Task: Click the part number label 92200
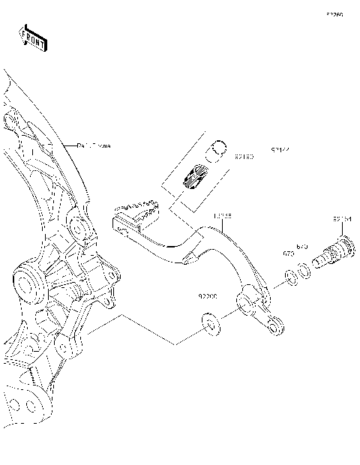pyautogui.click(x=208, y=296)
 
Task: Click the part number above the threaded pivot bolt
pyautogui.click(x=343, y=219)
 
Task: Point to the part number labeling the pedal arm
pyautogui.click(x=222, y=216)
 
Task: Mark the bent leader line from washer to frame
pyautogui.click(x=150, y=330)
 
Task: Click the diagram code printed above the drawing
pyautogui.click(x=334, y=14)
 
